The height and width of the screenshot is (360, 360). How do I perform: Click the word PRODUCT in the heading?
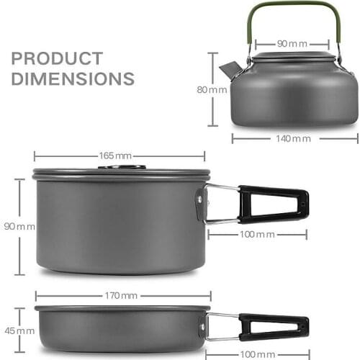point(57,58)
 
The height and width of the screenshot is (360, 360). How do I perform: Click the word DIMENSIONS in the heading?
point(73,78)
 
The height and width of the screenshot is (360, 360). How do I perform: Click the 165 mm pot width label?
point(119,156)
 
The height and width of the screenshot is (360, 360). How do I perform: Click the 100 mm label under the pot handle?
point(258,235)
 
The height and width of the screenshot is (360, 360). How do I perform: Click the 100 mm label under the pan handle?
point(258,354)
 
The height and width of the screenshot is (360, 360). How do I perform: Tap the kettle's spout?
point(229,70)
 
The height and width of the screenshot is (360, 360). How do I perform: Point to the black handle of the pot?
point(274,204)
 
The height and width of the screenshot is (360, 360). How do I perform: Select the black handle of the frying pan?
point(274,325)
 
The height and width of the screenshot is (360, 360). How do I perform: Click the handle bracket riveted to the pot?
point(200,204)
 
